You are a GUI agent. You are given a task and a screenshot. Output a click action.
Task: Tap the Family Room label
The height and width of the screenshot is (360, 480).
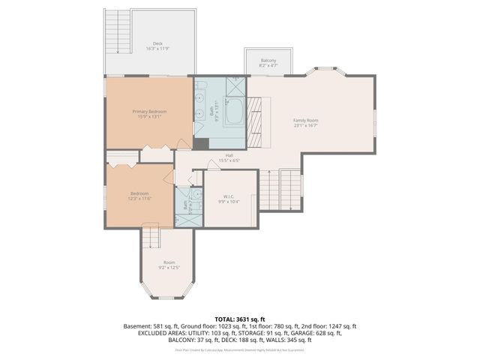tap(305, 120)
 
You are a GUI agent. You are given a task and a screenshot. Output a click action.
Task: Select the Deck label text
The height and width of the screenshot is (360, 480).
tap(157, 43)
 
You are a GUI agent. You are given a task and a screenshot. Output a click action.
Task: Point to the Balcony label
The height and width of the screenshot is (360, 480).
tap(268, 61)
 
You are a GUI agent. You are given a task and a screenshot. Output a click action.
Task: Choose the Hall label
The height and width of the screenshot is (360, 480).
tap(229, 155)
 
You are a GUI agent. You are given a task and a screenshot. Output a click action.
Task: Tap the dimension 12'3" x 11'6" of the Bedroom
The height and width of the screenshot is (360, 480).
tap(140, 199)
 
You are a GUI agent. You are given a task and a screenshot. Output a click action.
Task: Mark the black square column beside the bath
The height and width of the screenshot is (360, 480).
tap(200, 143)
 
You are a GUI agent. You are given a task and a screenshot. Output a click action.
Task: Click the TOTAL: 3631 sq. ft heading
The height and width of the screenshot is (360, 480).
tap(239, 319)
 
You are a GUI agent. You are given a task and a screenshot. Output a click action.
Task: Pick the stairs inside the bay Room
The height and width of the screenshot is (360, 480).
tap(151, 238)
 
